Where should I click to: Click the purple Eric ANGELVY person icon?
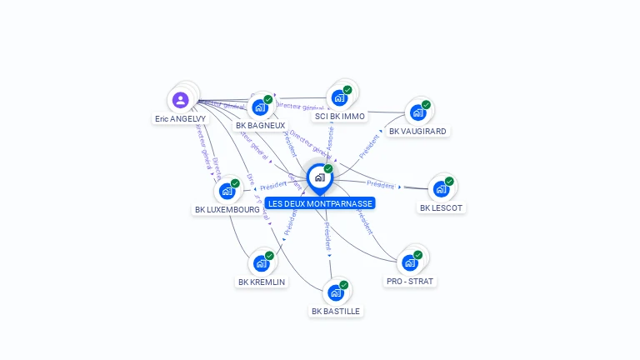[x=181, y=101]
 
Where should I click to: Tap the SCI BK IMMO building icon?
[x=339, y=97]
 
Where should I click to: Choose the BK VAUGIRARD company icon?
[x=417, y=113]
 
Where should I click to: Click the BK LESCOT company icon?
[x=440, y=188]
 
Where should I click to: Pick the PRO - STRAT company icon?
[x=409, y=262]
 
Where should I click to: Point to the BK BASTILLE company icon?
[x=335, y=292]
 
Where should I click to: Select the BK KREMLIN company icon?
[x=261, y=263]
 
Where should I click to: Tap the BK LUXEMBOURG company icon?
[x=227, y=191]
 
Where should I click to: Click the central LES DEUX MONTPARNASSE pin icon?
[x=319, y=177]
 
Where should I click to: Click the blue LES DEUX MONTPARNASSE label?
[x=321, y=203]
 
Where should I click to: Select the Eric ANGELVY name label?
[x=180, y=119]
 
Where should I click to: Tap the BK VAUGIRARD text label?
[x=417, y=132]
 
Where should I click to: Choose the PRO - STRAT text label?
[x=411, y=282]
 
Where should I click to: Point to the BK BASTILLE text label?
[x=336, y=311]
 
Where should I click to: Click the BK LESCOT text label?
[x=441, y=207]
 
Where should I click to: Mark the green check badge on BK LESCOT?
[x=449, y=181]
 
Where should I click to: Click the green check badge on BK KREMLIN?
[x=269, y=256]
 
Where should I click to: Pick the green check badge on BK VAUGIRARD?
[x=426, y=105]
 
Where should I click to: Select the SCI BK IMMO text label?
[x=339, y=117]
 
